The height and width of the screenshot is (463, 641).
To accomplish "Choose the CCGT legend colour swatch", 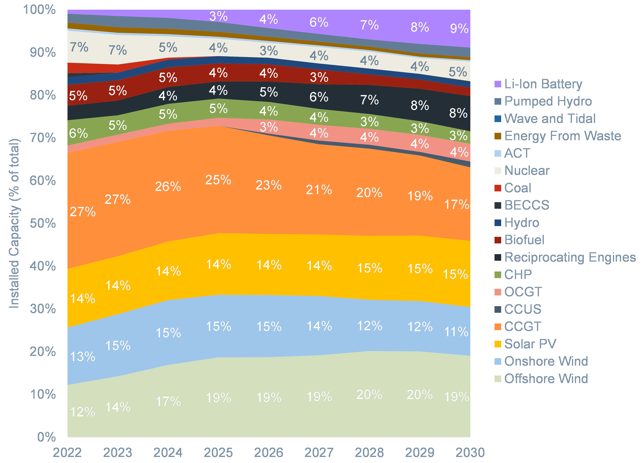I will (498, 326).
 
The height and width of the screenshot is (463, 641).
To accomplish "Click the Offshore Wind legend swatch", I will (498, 379).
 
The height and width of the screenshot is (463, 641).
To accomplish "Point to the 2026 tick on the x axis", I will (269, 453).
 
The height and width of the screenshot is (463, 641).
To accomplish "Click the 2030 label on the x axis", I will (470, 453).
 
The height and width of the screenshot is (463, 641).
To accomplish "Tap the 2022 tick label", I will (67, 453).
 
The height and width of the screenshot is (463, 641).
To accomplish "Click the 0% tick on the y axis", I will (47, 437).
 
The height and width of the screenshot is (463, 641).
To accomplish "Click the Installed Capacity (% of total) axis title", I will (14, 223).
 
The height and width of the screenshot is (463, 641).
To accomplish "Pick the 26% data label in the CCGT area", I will (168, 187).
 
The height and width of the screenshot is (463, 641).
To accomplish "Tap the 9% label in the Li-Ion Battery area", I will (459, 29).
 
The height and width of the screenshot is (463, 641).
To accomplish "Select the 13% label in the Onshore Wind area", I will (82, 357).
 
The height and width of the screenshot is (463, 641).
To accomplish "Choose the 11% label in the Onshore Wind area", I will (456, 332).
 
